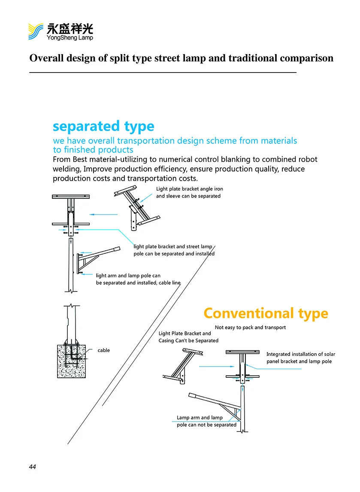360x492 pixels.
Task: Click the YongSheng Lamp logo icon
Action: point(36,31)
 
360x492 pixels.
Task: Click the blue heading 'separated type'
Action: point(103,126)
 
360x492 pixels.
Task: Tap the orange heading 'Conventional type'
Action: point(266,313)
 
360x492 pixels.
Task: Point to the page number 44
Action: point(33,467)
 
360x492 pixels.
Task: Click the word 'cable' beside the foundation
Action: point(103,350)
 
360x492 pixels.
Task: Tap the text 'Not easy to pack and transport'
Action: point(250,327)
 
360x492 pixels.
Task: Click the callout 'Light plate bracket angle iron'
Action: point(189,189)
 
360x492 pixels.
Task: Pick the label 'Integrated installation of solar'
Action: point(300,354)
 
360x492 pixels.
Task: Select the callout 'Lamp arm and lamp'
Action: point(200,417)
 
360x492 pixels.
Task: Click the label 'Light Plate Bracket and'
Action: point(185,333)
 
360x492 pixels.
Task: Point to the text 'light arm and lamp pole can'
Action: point(128,276)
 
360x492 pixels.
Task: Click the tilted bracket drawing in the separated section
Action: point(136,206)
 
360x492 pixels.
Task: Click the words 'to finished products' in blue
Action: point(93,150)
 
